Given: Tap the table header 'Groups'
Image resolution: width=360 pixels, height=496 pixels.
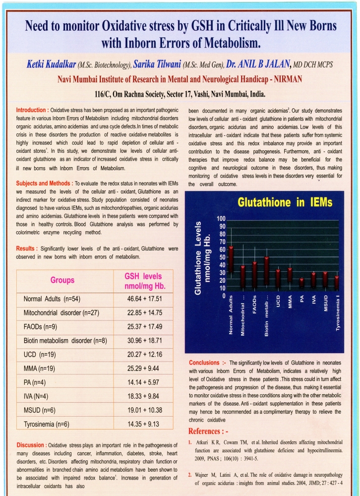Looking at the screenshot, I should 62,281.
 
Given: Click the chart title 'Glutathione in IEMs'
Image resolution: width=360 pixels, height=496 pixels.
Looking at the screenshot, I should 285,202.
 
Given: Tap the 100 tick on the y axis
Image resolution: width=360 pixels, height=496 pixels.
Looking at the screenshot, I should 221,219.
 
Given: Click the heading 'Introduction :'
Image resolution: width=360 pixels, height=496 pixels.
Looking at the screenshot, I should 32,110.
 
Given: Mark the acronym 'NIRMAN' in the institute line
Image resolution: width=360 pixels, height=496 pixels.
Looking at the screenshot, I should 284,78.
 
